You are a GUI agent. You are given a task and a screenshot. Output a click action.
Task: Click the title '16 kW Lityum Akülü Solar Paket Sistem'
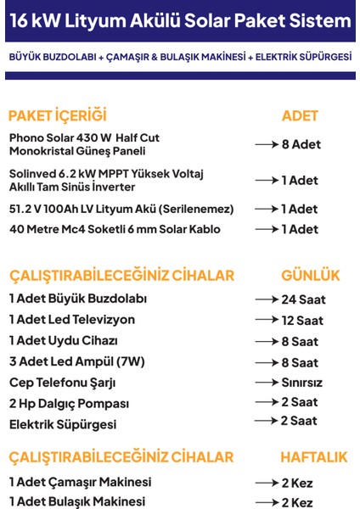tap(179, 20)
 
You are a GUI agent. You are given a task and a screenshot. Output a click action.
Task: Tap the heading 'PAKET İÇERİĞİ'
tap(57, 115)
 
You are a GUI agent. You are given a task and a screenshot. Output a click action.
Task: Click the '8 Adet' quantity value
tap(301, 144)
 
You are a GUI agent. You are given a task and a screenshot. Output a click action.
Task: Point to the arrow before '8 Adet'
tap(267, 144)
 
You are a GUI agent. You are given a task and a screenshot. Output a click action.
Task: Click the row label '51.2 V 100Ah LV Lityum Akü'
tap(121, 209)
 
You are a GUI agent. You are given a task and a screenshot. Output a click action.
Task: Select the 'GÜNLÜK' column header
tap(310, 276)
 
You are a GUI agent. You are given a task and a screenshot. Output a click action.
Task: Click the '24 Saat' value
tap(303, 299)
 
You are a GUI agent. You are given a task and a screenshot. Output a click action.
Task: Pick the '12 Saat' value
tap(303, 320)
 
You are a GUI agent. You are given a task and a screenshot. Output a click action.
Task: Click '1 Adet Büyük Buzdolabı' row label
tap(78, 299)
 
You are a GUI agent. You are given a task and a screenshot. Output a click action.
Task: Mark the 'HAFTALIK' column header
tap(313, 457)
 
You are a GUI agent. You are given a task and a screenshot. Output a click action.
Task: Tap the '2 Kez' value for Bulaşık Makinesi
tap(297, 502)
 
